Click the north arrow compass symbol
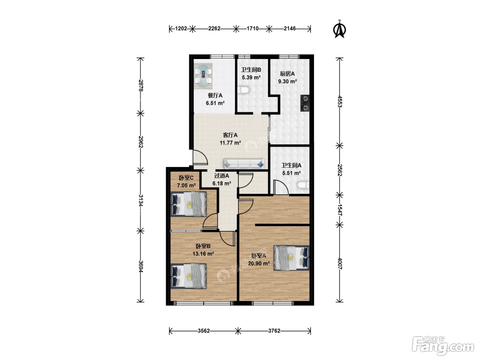click(339, 29)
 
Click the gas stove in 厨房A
click(305, 103)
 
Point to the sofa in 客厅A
click(244, 164)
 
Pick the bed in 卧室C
click(189, 204)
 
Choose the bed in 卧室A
click(291, 258)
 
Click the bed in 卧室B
click(189, 276)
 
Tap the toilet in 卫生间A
click(303, 185)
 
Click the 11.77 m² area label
click(230, 143)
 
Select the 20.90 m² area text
click(259, 264)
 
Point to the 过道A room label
click(221, 176)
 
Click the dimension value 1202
click(181, 29)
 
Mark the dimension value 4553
click(340, 101)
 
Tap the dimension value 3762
click(274, 331)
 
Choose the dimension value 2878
click(141, 85)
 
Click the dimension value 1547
click(340, 210)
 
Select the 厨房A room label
click(287, 74)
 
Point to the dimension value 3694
click(141, 266)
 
